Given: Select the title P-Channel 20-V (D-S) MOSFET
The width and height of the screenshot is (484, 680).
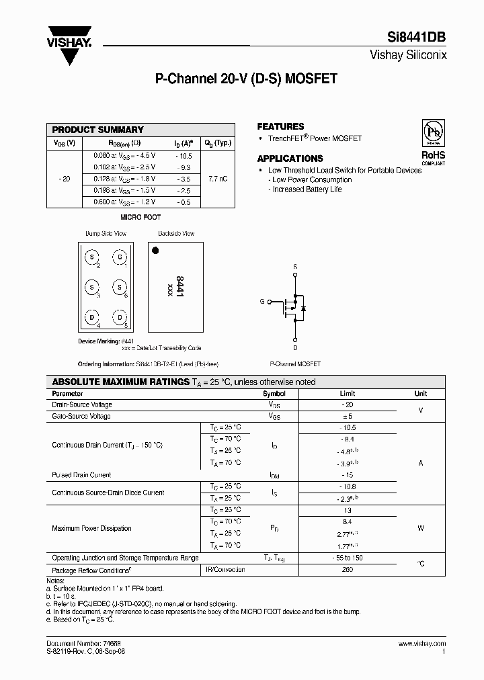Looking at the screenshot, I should click(246, 79).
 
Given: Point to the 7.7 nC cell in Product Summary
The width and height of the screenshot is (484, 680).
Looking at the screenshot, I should click(217, 179).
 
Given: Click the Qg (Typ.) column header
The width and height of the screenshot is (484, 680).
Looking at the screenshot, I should click(217, 142).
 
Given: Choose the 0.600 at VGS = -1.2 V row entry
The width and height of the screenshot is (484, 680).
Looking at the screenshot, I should click(124, 202).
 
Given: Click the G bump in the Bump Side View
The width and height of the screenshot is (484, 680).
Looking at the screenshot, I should click(119, 257).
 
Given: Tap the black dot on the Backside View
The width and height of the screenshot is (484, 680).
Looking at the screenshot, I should click(155, 251).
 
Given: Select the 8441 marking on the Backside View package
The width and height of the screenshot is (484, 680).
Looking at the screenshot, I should click(179, 286).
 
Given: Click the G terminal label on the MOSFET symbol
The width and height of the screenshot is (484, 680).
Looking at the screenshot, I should click(261, 302).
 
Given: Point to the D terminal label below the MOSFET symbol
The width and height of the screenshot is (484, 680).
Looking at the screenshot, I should click(295, 347).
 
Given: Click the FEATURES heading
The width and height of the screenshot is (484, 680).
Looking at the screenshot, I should click(280, 126).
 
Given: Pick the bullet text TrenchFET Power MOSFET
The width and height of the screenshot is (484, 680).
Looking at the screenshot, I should click(315, 138).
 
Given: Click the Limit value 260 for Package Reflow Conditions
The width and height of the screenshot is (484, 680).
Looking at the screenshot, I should click(348, 570).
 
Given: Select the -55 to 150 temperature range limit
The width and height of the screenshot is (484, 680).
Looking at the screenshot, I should click(348, 558).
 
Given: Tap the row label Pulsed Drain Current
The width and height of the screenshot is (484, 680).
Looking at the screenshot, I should click(81, 475).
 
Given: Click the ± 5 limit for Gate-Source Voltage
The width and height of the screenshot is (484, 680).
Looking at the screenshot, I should click(348, 417).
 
